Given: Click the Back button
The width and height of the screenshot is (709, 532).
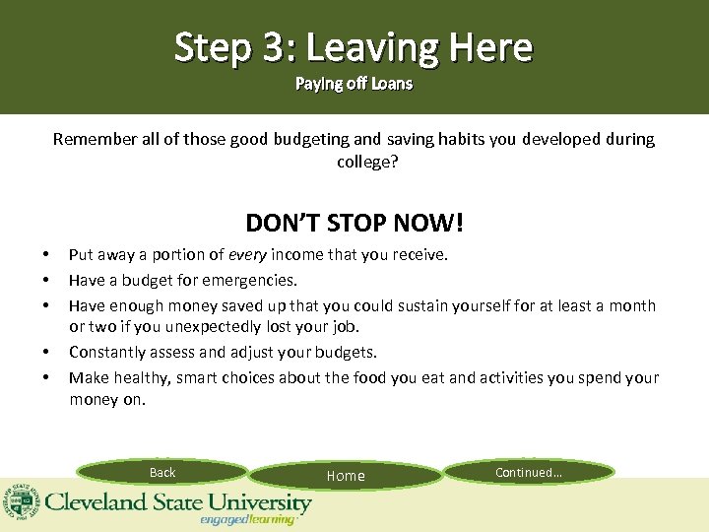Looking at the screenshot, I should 162,473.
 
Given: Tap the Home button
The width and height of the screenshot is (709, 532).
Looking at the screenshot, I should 346,476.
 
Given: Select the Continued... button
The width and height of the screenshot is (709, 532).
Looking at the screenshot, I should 529,473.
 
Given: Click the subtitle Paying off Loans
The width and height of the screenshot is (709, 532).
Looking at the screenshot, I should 354,84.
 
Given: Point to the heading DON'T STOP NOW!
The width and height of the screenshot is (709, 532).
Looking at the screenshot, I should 354,223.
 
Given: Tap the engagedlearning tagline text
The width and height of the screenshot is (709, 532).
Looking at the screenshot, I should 247,519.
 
